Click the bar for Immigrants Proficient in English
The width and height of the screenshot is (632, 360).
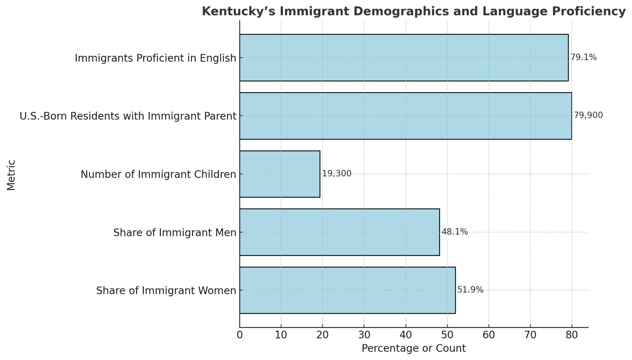[x=404, y=58]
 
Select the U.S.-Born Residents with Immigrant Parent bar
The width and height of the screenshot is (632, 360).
[x=405, y=116]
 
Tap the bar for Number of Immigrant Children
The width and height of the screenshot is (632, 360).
[x=280, y=174]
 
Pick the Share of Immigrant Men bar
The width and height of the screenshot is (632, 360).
[x=339, y=232]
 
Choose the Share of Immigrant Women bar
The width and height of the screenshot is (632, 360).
[x=347, y=290]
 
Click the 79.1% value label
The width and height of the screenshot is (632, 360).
[x=583, y=57]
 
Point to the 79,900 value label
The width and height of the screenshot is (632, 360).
[x=588, y=115]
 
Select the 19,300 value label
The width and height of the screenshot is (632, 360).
[x=336, y=174]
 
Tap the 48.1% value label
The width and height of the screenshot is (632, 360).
[x=455, y=232]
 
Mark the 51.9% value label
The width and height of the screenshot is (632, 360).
[x=470, y=290]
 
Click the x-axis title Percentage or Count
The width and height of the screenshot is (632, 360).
[x=414, y=349]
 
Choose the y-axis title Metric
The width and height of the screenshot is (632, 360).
[x=11, y=175]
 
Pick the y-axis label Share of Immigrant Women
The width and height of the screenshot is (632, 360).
[x=166, y=291]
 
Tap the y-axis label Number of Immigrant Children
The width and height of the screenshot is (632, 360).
[x=158, y=174]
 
